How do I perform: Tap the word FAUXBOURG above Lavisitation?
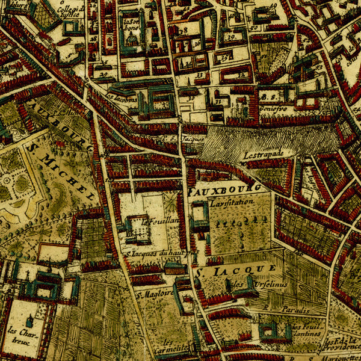pos(226,189)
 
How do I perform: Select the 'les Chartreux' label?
pos(20,335)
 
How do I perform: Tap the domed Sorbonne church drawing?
pos(131,39)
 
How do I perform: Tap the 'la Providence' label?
pos(341,344)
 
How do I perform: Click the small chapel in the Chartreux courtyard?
pos(29,322)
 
